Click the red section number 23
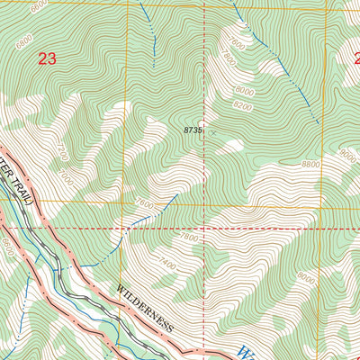(47, 59)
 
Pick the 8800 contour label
(310, 163)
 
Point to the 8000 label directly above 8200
(244, 91)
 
